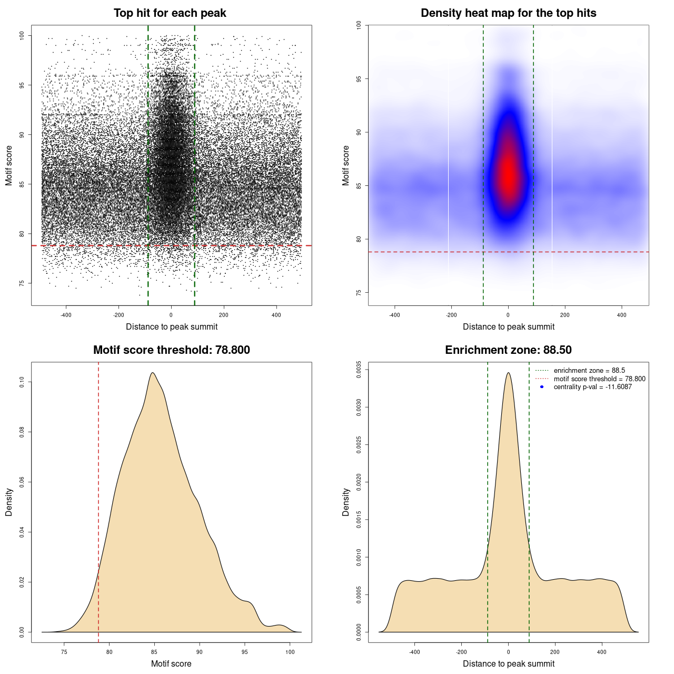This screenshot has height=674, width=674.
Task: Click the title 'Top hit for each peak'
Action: point(170,13)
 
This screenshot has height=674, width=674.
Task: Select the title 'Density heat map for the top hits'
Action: point(508,13)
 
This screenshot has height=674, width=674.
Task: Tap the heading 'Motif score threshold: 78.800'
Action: point(171,350)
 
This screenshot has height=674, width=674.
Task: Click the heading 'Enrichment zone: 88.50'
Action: point(508,350)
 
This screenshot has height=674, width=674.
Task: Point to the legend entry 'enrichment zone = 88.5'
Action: point(589,371)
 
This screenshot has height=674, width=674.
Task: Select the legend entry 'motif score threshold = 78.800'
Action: point(599,379)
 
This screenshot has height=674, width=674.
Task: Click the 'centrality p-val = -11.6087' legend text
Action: point(592,387)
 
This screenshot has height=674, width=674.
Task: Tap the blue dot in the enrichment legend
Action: point(542,387)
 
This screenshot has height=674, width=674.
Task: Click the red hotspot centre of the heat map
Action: point(508,174)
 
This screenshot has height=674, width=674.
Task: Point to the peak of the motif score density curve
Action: point(153,373)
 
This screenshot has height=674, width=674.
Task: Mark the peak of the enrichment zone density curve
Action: point(508,373)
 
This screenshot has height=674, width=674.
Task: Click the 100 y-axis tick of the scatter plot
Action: point(22,35)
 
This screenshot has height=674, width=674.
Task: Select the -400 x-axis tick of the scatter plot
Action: point(66,315)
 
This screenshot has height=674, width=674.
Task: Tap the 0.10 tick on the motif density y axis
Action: point(22,382)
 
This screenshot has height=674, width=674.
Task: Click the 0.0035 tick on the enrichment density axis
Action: point(359,370)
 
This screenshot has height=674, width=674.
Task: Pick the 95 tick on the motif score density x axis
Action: point(244,652)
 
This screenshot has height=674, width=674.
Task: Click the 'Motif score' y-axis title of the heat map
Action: point(346,165)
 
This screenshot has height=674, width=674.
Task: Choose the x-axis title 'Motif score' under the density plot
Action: point(171,663)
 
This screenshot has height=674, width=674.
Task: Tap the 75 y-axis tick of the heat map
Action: point(359,292)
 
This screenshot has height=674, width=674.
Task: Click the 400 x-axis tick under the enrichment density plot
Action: point(601,652)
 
